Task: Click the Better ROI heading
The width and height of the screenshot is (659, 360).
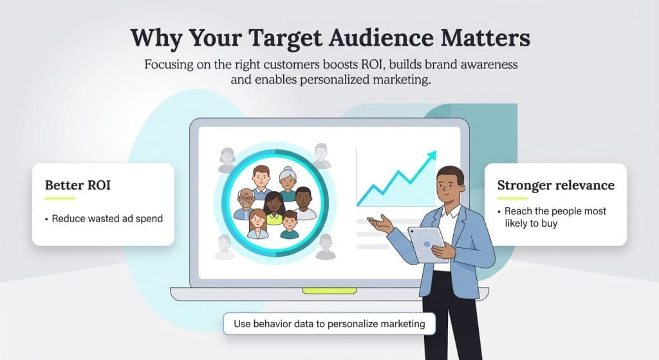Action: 78,185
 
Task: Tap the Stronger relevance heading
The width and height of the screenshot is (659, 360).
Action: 555,185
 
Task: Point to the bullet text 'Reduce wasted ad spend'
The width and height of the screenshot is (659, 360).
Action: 107,218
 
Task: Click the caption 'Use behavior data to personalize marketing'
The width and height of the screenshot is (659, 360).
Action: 329,323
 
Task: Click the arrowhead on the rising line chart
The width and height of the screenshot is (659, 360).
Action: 431,156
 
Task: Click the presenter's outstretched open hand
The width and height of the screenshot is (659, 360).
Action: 381,223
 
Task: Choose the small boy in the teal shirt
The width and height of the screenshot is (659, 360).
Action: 290,223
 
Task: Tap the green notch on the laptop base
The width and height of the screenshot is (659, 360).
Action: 329,290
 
